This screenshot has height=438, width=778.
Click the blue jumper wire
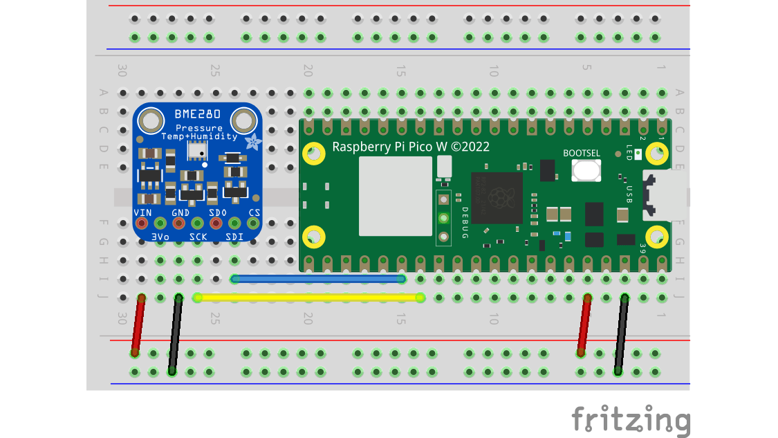click(318, 279)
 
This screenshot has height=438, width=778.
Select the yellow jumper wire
click(308, 298)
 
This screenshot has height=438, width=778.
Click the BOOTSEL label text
click(582, 153)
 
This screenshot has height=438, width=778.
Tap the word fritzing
click(630, 419)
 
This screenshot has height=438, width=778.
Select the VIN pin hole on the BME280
click(142, 223)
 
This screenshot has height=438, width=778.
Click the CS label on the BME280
click(254, 212)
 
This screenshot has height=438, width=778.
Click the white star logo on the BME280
click(254, 143)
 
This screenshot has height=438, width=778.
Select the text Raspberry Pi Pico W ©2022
click(411, 147)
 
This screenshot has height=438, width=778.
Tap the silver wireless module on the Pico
click(395, 196)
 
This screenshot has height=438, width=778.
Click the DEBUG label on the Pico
click(465, 223)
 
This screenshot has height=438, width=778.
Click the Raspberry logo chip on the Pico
click(496, 197)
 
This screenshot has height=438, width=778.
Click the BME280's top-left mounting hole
click(149, 122)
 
